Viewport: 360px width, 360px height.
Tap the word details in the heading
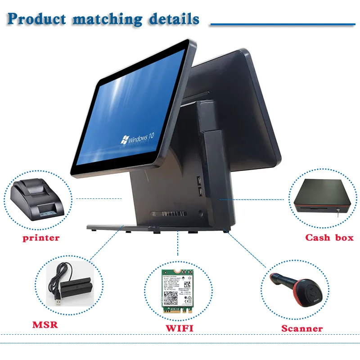[x=174, y=19]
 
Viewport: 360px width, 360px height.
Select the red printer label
[x=41, y=238]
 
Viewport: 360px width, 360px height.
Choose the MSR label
[x=45, y=324]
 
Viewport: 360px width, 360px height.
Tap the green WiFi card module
[x=179, y=290]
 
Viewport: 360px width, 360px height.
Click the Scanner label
[x=302, y=328]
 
